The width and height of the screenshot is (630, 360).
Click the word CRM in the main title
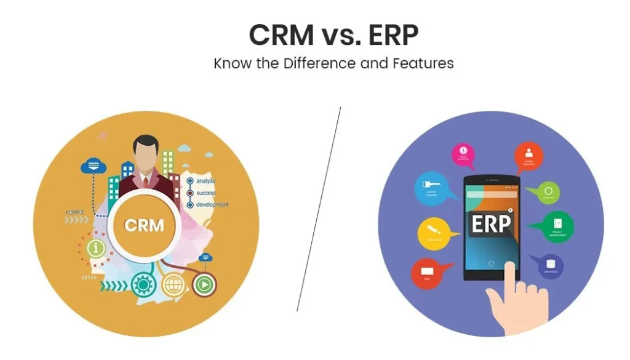coord(279,36)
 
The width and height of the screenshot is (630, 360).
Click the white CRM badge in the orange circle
coord(145,225)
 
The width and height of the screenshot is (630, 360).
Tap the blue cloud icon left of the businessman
coord(93,166)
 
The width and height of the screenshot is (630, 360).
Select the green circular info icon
coord(95,248)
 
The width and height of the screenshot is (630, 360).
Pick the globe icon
coord(173,284)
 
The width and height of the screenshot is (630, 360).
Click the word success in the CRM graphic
coord(206,193)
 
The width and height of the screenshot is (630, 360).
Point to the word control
coord(75,212)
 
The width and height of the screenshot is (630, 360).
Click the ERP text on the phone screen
coord(491,225)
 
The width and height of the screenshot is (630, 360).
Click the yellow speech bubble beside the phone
coord(434,233)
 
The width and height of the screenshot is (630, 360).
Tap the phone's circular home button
coord(491,263)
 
